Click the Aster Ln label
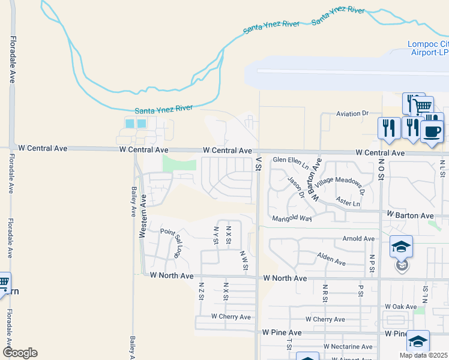point(348,203)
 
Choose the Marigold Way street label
point(292,218)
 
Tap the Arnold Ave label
point(358,239)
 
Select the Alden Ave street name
point(331,259)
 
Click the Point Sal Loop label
point(171,242)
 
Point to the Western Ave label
point(143,215)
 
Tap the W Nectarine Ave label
point(351,347)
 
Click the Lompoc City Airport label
point(428,48)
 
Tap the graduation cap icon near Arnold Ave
point(401,246)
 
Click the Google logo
point(20,353)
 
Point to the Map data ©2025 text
point(424,355)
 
